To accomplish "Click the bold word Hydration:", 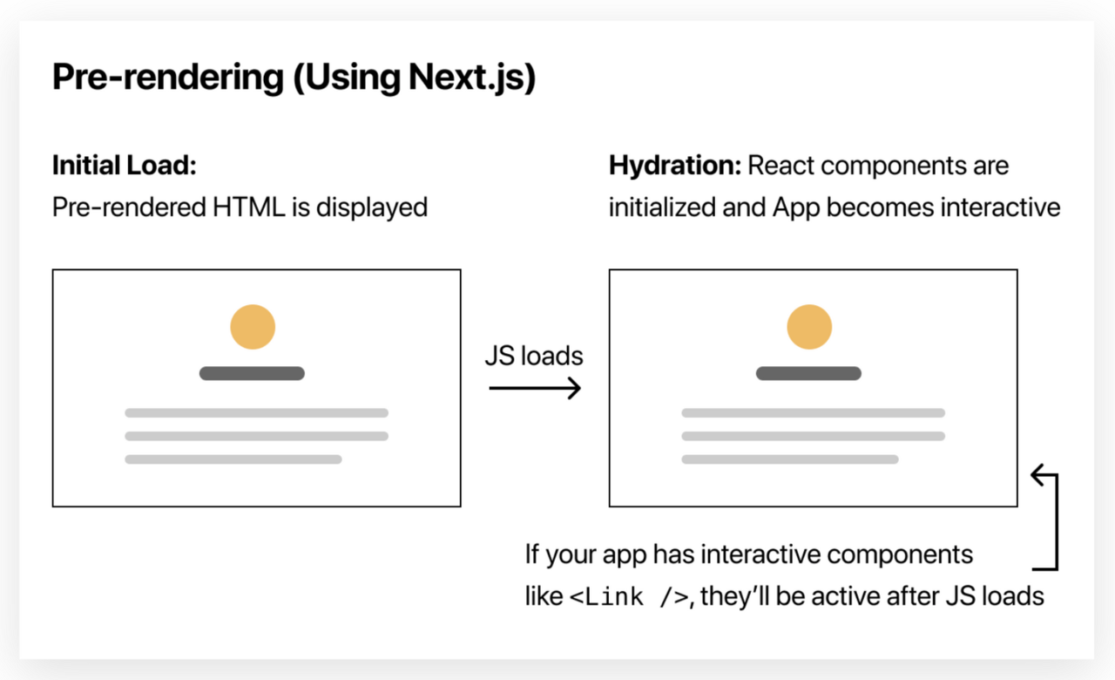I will pyautogui.click(x=673, y=166).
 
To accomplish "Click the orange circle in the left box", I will pyautogui.click(x=253, y=327).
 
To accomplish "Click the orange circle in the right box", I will pyautogui.click(x=809, y=327).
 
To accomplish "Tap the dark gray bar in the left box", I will pyautogui.click(x=252, y=373).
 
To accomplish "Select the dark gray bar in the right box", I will pyautogui.click(x=808, y=373).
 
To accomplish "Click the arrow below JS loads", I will pyautogui.click(x=535, y=388).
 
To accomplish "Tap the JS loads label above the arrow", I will pyautogui.click(x=534, y=356).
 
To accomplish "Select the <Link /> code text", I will pyautogui.click(x=630, y=597).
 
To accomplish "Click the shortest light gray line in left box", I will pyautogui.click(x=233, y=459).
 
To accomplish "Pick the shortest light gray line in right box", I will pyautogui.click(x=790, y=459).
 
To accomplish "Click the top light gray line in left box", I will pyautogui.click(x=256, y=412).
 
